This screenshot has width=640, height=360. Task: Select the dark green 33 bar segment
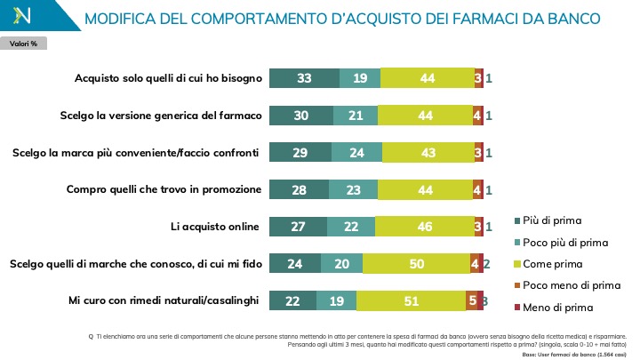point(304,78)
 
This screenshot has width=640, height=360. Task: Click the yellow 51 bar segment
point(411,300)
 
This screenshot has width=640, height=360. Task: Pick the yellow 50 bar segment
point(417,263)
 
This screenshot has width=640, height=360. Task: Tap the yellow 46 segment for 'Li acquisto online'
point(425,227)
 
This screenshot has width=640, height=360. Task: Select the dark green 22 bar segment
point(292,300)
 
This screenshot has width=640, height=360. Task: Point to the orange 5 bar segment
point(471,300)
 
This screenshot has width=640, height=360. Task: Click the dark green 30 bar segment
point(301,116)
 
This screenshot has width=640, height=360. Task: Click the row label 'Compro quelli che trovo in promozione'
point(164,189)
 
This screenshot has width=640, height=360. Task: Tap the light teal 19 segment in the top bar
point(359,78)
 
